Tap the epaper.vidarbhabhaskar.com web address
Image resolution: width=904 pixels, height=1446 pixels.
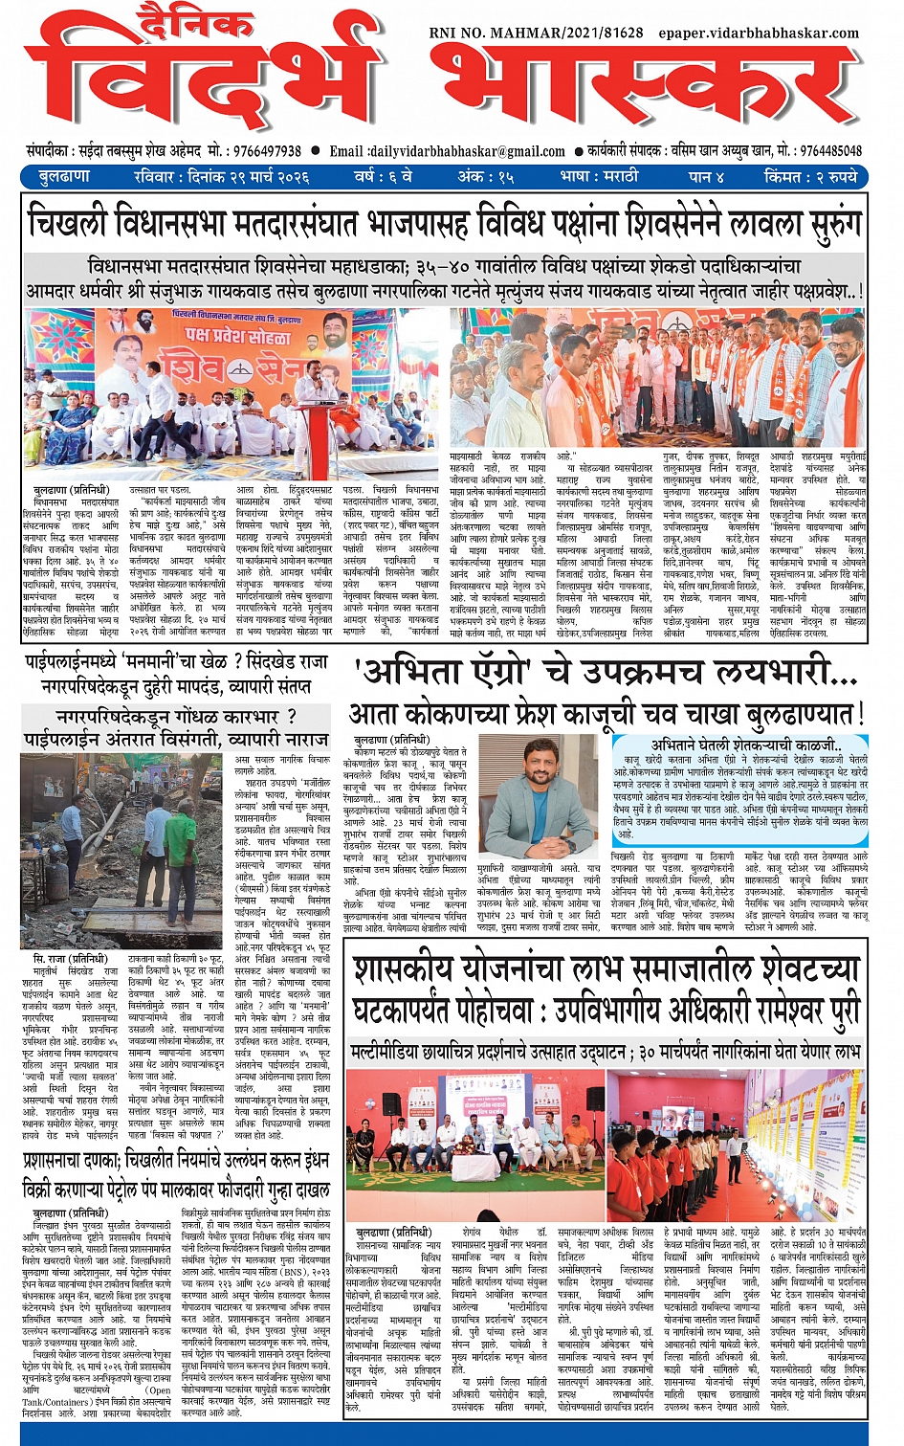758,33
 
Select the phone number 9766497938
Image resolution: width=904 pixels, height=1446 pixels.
260,151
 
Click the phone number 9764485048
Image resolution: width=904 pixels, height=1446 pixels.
830,151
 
